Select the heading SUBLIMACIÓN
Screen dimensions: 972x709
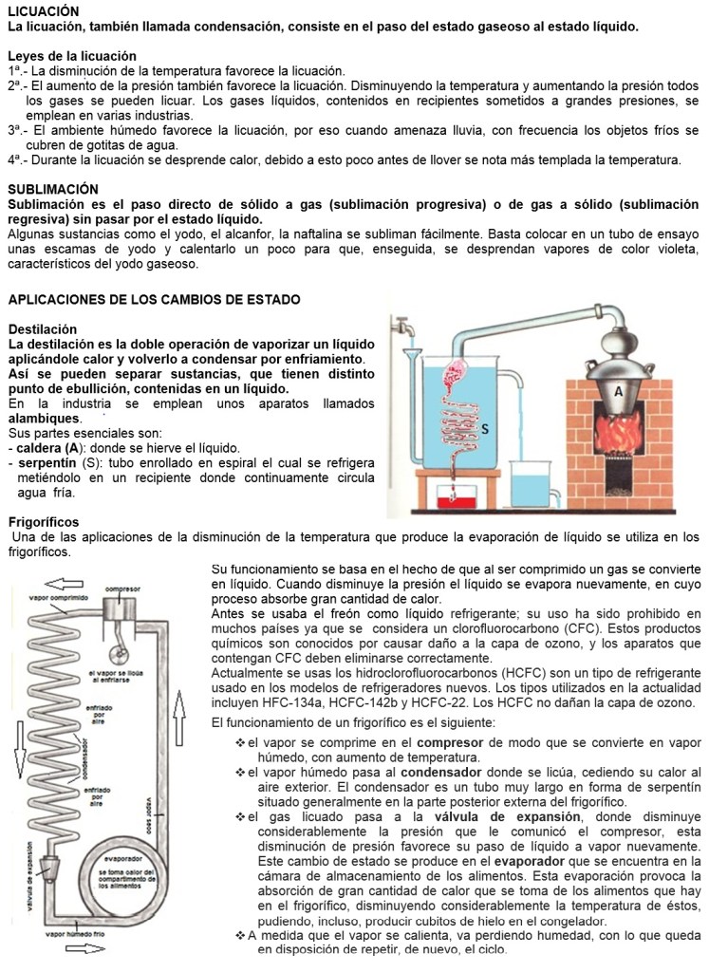coord(53,189)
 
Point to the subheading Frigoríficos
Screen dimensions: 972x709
coord(44,522)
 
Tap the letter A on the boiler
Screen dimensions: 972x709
coord(618,389)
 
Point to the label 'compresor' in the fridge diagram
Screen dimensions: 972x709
coord(122,589)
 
